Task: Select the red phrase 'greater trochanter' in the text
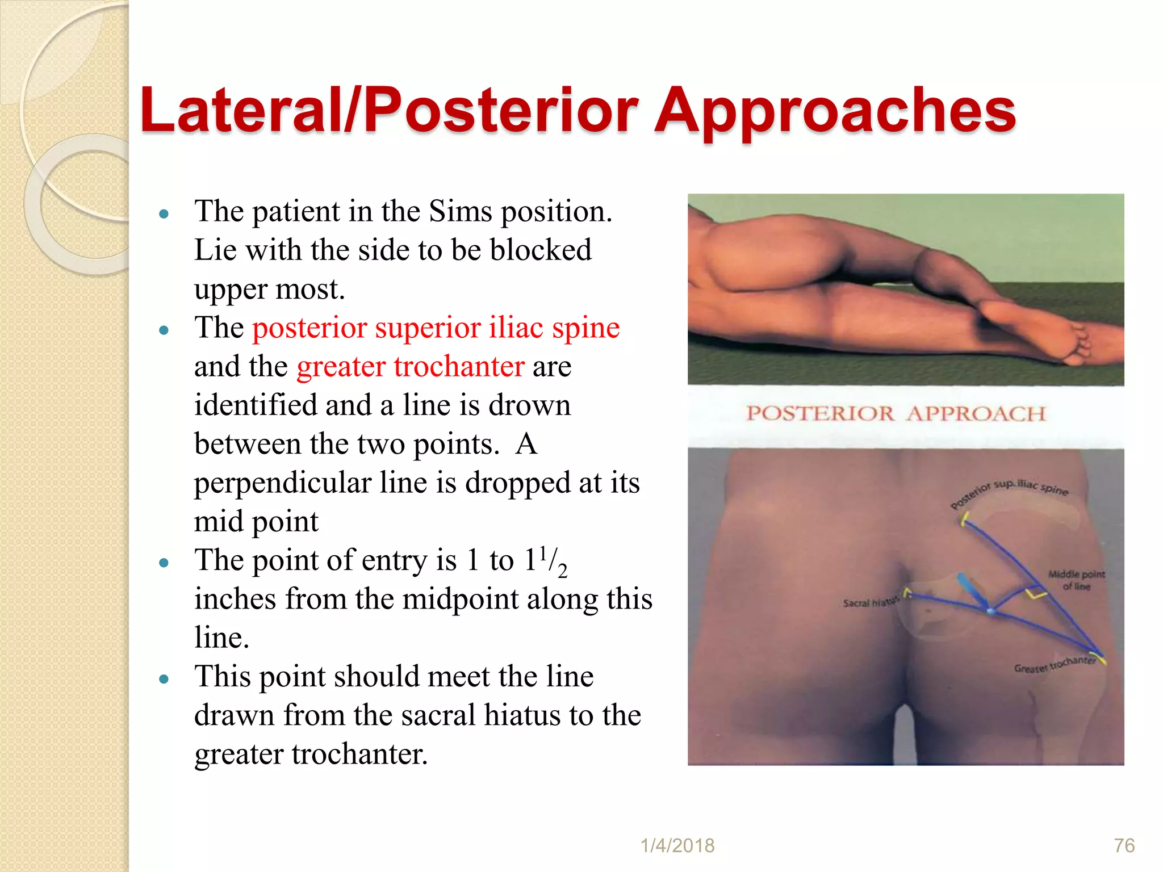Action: (x=410, y=367)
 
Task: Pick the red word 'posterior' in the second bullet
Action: (x=310, y=328)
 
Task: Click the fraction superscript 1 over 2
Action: (x=552, y=561)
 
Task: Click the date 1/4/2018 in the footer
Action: (x=677, y=845)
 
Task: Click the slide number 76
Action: (x=1124, y=845)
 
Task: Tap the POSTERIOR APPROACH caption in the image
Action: (x=896, y=413)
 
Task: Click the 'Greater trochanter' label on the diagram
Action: (x=1055, y=665)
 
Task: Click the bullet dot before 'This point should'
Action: (x=164, y=678)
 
